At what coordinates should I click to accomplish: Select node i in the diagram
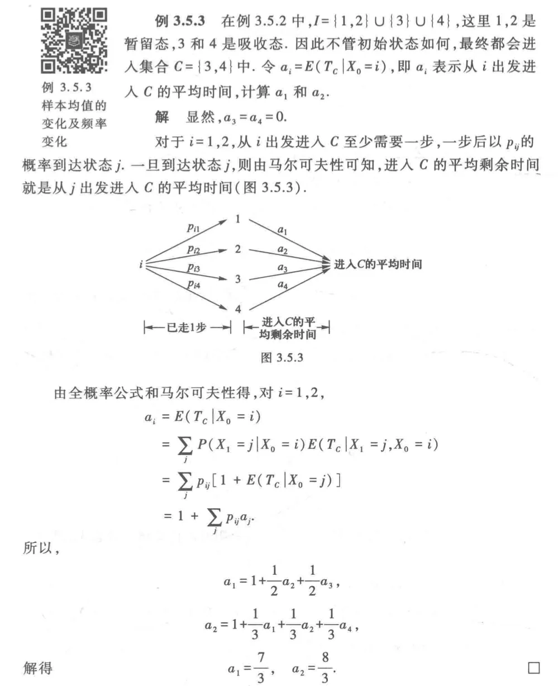click(141, 263)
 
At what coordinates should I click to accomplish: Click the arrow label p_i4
click(194, 285)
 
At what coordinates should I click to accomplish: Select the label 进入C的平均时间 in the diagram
click(377, 263)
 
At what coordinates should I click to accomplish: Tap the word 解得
click(37, 667)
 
